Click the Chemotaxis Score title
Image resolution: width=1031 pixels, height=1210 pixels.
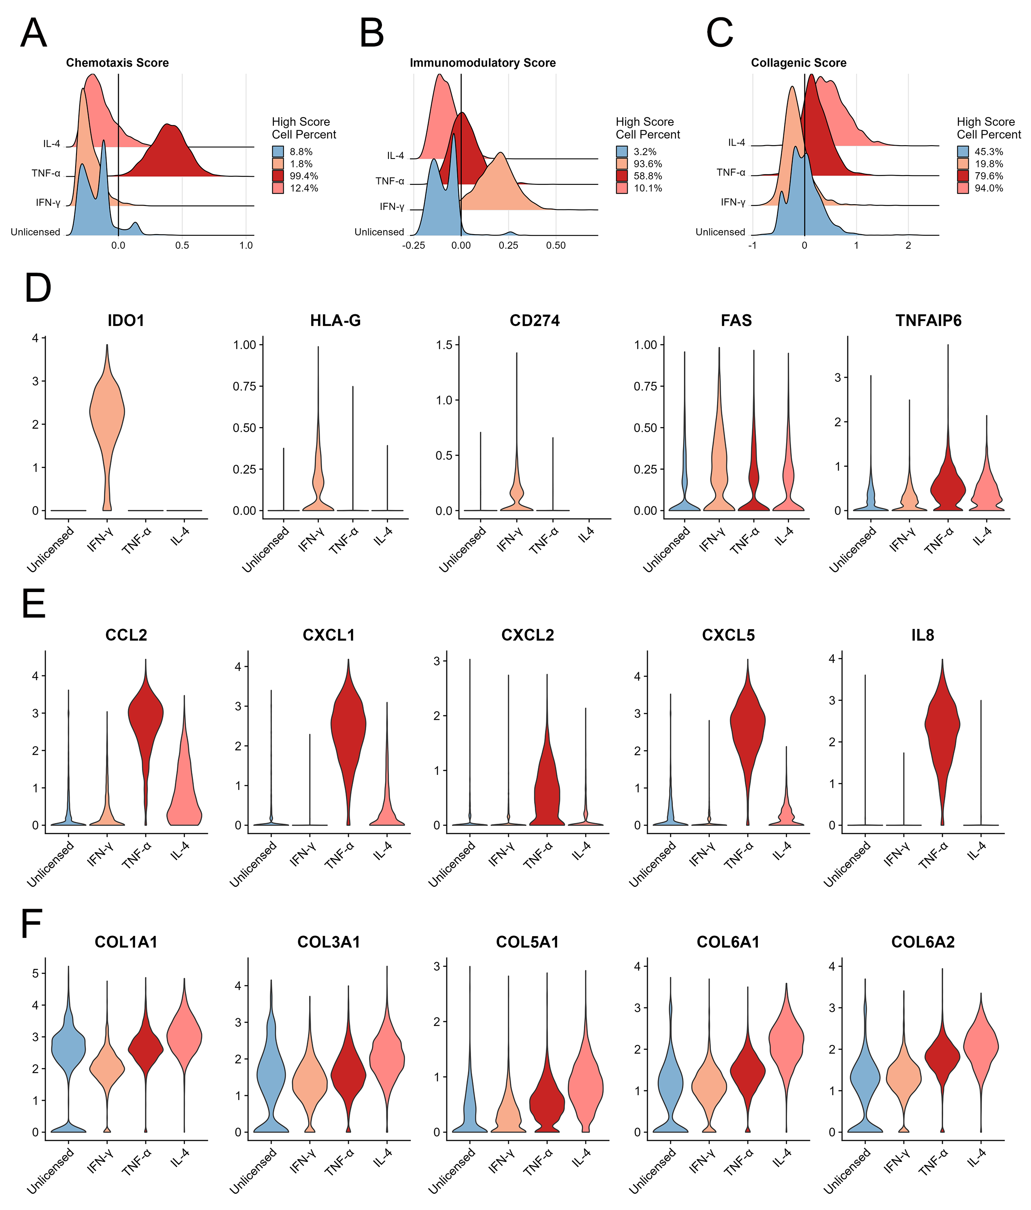point(117,63)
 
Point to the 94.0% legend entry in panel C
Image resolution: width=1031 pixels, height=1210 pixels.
point(989,188)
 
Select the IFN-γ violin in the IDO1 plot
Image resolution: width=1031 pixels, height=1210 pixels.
point(107,415)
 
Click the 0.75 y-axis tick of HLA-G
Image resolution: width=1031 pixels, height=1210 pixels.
point(245,386)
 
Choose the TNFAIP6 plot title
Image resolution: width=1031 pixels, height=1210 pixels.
point(928,321)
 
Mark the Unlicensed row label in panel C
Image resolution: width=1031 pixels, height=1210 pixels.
point(720,232)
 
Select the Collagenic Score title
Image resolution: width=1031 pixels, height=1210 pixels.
point(798,63)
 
